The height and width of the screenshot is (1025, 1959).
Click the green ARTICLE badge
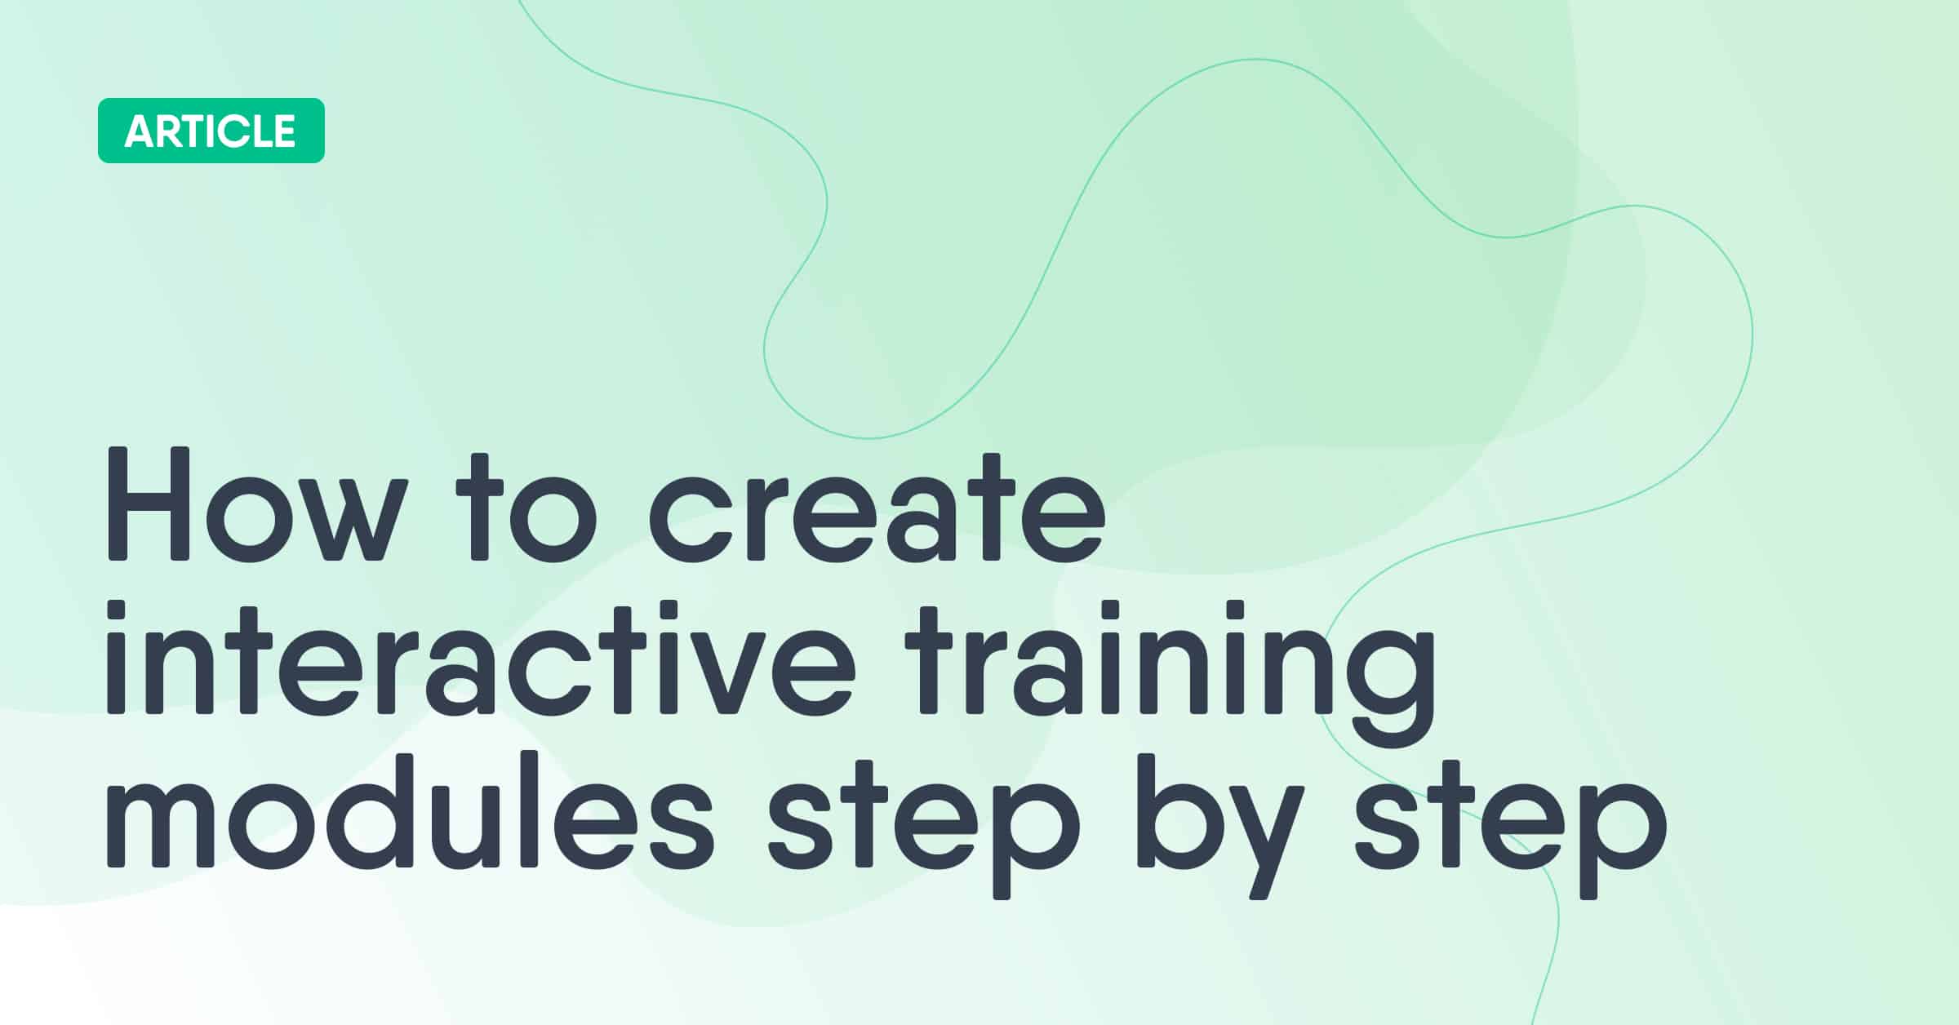[x=211, y=131]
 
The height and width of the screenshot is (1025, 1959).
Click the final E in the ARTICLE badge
[x=283, y=131]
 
